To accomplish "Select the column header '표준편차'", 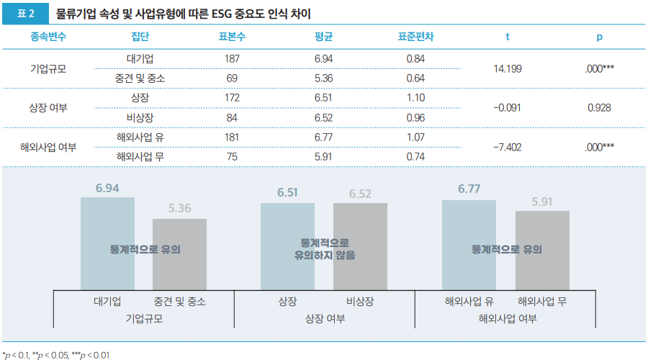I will coord(415,37).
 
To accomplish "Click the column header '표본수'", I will coord(233,37).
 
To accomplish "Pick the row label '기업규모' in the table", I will coord(48,68).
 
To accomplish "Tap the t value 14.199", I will coord(508,68).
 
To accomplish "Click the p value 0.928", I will coord(599,108).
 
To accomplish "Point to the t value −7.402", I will coord(508,147).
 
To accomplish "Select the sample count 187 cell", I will coord(233,58).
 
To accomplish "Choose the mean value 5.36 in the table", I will coord(324,78).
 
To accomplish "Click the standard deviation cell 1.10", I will coord(415,98).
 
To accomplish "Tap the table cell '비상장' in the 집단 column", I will coord(140,117).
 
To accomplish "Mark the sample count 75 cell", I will coord(233,157).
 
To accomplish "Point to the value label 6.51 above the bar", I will coord(288,193).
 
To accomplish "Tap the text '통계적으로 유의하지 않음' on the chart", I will coord(324,248).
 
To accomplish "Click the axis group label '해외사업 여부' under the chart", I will coord(507,318).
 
